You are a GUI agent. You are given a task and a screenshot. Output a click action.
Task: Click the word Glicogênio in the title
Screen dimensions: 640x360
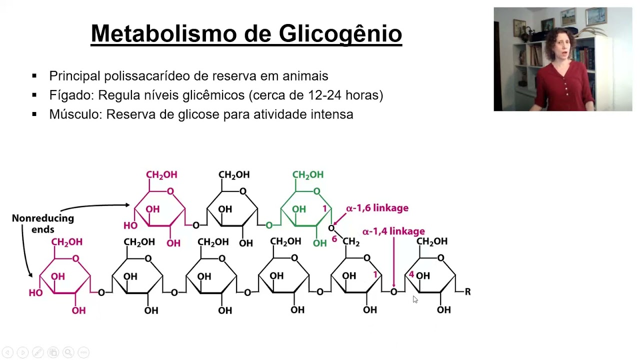[x=340, y=33]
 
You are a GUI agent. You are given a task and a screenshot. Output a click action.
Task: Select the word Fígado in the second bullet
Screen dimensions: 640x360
[x=70, y=95]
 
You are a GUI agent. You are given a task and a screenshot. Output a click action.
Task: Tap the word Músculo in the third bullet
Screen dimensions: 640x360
[x=75, y=114]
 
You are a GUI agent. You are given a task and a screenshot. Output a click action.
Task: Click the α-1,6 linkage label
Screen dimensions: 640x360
[x=377, y=208]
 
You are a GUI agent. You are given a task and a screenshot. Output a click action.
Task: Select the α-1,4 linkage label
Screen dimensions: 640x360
[x=393, y=231]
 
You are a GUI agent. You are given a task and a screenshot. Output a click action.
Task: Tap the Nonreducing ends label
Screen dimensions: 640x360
[x=42, y=223]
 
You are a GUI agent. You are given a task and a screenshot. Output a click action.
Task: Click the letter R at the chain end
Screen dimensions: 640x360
[x=467, y=291]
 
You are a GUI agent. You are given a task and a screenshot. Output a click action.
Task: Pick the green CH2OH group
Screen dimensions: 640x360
[x=307, y=174]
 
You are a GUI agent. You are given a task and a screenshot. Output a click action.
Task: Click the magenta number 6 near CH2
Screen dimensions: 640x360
[x=334, y=239]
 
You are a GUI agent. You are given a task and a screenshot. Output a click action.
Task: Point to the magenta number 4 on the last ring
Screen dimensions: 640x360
[x=411, y=274]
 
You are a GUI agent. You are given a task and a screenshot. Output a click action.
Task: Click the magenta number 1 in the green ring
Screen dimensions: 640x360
[x=324, y=208]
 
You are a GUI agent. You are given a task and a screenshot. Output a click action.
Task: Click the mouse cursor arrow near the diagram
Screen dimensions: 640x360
[x=415, y=299]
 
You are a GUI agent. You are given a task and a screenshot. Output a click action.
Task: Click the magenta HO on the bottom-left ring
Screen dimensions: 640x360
[x=35, y=293]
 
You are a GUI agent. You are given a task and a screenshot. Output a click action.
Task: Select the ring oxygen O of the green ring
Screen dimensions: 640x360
[x=316, y=191]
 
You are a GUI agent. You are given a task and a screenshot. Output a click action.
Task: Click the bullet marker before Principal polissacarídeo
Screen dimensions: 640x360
[x=34, y=76]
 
